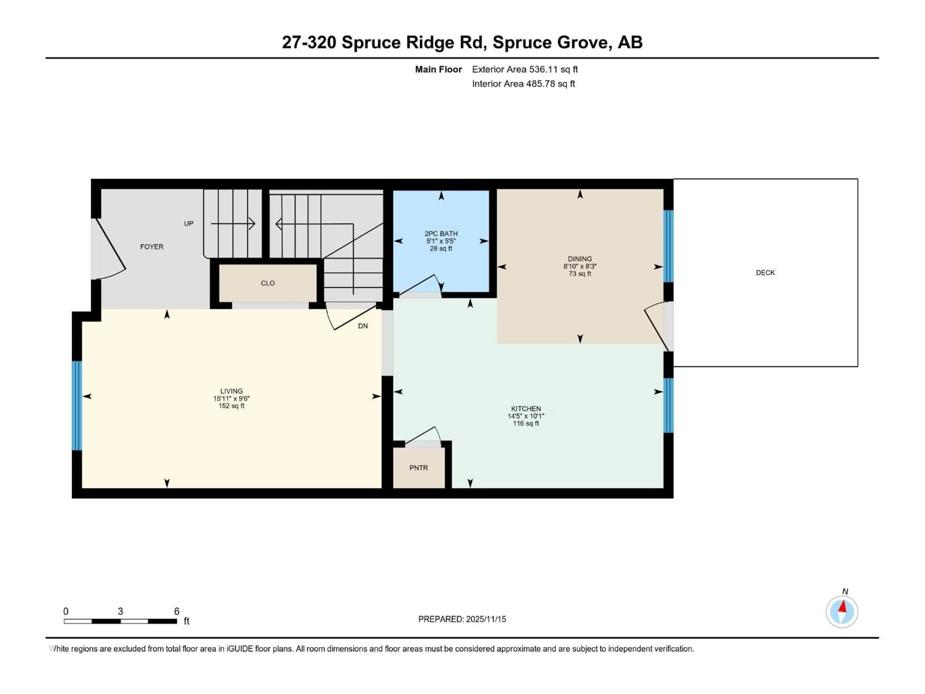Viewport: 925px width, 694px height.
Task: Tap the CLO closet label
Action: pyautogui.click(x=268, y=283)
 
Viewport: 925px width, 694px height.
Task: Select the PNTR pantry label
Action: pyautogui.click(x=419, y=468)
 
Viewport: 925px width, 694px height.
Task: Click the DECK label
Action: pyautogui.click(x=765, y=273)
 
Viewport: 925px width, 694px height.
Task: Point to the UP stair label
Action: pyautogui.click(x=189, y=223)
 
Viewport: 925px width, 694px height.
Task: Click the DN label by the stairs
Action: pyautogui.click(x=363, y=326)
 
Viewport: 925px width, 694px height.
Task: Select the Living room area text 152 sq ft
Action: pyautogui.click(x=231, y=406)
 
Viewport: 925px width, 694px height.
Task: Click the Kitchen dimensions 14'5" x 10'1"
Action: pyautogui.click(x=526, y=416)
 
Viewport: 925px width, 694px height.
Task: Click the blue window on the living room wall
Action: pyautogui.click(x=77, y=405)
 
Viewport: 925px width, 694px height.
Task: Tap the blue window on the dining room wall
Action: pyautogui.click(x=668, y=246)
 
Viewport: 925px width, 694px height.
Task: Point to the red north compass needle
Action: pyautogui.click(x=843, y=606)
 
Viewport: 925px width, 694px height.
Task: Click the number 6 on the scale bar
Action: pyautogui.click(x=177, y=611)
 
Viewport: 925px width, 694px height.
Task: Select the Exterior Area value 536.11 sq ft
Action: pyautogui.click(x=553, y=69)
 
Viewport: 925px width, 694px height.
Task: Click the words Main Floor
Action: pyautogui.click(x=438, y=69)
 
